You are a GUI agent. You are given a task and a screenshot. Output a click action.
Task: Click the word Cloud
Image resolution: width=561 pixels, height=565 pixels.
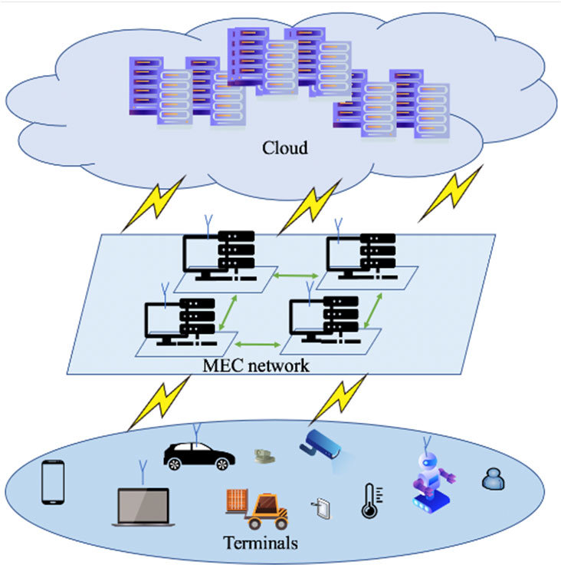pos(284,147)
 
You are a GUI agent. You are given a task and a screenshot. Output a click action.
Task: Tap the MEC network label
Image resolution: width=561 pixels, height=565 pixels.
pos(256,365)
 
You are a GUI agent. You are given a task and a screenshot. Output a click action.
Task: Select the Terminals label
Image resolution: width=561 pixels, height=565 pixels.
pos(260,544)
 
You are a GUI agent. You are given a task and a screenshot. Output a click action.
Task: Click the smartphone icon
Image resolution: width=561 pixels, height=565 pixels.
pos(52,482)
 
